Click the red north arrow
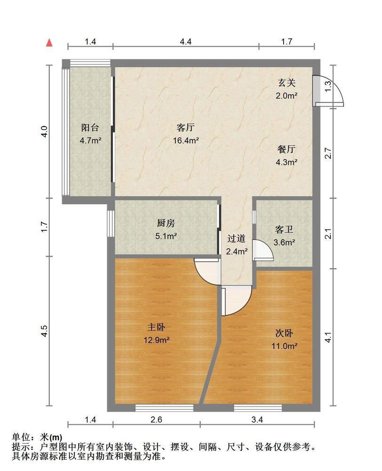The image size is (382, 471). [49, 43]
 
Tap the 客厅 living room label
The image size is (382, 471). [186, 128]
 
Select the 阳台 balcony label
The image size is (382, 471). [90, 128]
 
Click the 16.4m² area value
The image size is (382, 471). [186, 140]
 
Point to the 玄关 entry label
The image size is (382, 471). [286, 83]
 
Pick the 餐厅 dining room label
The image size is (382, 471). [286, 150]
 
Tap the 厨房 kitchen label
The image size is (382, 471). [166, 224]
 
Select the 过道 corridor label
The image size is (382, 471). [237, 239]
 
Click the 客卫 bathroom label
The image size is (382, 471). [284, 230]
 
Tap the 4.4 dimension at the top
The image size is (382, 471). [186, 41]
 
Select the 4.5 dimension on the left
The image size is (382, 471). [45, 331]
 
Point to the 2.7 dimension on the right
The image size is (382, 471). [328, 154]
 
